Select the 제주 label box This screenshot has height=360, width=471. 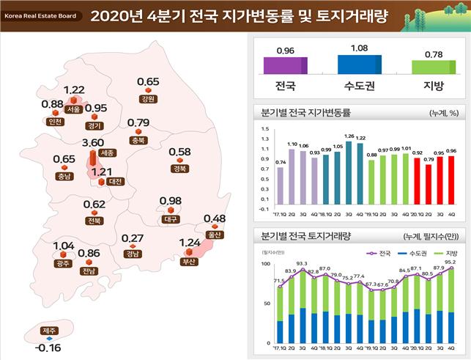[x=50, y=331]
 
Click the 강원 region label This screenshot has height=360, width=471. [x=148, y=98]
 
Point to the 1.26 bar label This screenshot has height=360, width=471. [x=349, y=136]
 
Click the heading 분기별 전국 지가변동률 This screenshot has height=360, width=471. [x=300, y=114]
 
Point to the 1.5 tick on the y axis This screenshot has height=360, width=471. [x=264, y=129]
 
